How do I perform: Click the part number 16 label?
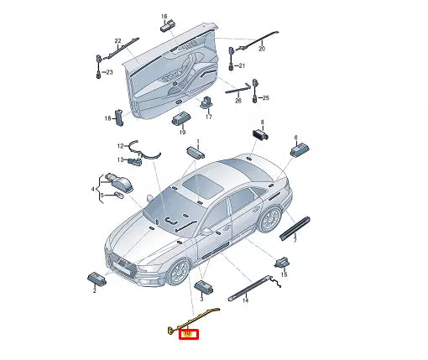(x=164, y=16)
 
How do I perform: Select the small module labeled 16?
(x=166, y=29)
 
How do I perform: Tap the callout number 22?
(x=117, y=41)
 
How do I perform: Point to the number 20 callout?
(x=261, y=50)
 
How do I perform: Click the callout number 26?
(x=237, y=101)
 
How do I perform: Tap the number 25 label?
(x=265, y=98)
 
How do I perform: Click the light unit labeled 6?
(x=300, y=149)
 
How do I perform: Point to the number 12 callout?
(x=120, y=146)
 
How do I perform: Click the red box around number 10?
(x=189, y=334)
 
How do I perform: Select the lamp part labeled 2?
(x=95, y=278)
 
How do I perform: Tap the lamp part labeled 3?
(x=203, y=287)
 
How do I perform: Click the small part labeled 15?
(x=284, y=259)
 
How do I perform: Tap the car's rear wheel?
(x=270, y=219)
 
